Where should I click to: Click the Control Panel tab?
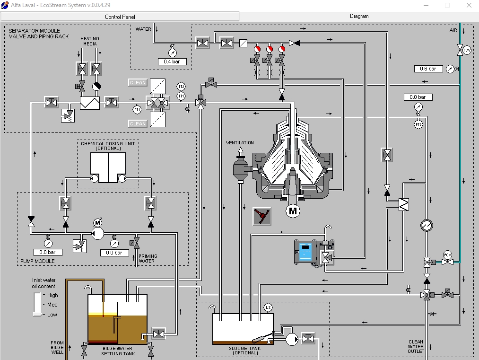click(x=120, y=17)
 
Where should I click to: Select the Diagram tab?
click(x=359, y=16)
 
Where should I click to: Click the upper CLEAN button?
click(x=138, y=82)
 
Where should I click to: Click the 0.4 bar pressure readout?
click(x=172, y=61)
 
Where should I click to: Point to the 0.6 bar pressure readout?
click(x=428, y=69)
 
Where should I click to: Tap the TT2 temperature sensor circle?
click(x=181, y=87)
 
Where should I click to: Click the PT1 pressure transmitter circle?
click(x=137, y=110)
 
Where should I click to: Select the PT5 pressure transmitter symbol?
click(x=418, y=124)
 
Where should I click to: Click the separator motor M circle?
click(x=293, y=211)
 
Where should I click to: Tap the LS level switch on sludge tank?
click(x=268, y=307)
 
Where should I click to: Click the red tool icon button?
click(x=262, y=216)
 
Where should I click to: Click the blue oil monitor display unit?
click(x=305, y=252)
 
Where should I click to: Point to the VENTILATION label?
click(x=240, y=143)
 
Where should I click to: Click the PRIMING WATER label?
click(x=148, y=259)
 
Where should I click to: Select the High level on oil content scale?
click(x=52, y=295)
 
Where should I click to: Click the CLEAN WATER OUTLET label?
click(x=416, y=346)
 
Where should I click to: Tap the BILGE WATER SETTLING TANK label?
click(x=118, y=351)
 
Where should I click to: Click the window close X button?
click(x=469, y=5)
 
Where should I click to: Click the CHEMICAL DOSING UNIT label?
click(x=108, y=146)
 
